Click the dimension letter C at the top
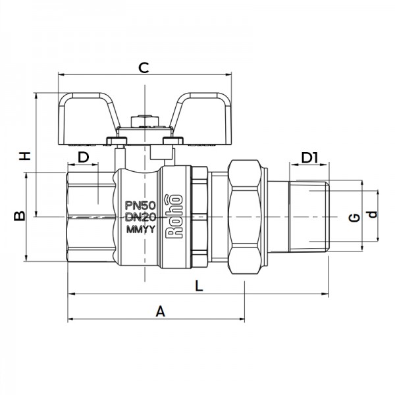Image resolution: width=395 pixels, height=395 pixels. coord(143,66)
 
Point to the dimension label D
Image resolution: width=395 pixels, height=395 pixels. coord(84,157)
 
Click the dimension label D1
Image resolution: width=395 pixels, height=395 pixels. coord(309,157)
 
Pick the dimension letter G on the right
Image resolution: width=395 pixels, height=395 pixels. coord(354,217)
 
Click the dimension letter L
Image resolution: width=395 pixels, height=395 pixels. coord(197,284)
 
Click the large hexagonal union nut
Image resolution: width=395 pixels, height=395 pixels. coord(246,217)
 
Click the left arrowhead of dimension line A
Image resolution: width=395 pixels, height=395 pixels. coord(70,320)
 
